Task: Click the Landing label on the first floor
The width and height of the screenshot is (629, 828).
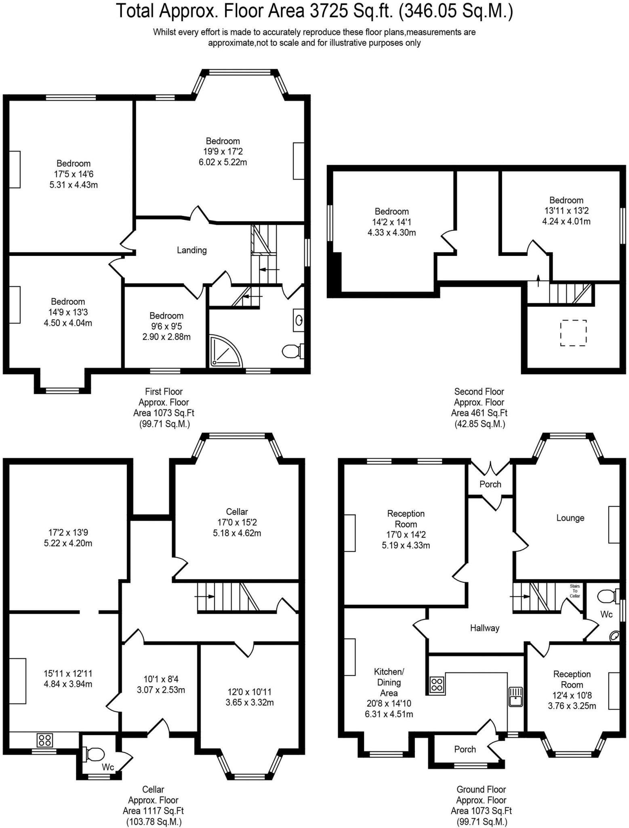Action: (x=191, y=250)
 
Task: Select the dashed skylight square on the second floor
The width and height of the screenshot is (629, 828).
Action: (x=573, y=333)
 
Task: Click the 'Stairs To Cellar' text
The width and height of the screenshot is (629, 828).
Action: (x=575, y=591)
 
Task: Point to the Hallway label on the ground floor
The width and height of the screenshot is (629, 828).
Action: (x=484, y=628)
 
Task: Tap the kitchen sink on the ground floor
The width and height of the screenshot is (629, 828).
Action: (x=516, y=696)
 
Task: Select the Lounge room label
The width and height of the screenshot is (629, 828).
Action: (x=570, y=518)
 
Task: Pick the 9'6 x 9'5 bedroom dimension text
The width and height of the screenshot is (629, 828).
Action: (x=166, y=326)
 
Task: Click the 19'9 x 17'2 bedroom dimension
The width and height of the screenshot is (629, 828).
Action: (x=223, y=152)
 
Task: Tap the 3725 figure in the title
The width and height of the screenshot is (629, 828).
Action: (x=328, y=11)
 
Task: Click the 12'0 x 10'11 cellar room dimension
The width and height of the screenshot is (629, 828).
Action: (x=249, y=692)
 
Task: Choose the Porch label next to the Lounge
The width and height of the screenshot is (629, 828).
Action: (x=490, y=484)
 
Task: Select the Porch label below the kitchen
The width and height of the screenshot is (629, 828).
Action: (x=465, y=749)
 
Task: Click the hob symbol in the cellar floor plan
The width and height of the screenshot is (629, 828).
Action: (x=44, y=740)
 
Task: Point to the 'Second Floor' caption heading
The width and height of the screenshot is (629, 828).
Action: (x=479, y=391)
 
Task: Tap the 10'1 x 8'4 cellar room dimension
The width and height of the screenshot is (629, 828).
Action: (x=161, y=679)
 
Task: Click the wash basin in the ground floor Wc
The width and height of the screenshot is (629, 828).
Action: (x=614, y=636)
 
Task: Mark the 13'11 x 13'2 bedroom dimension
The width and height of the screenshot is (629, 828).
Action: (x=566, y=211)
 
